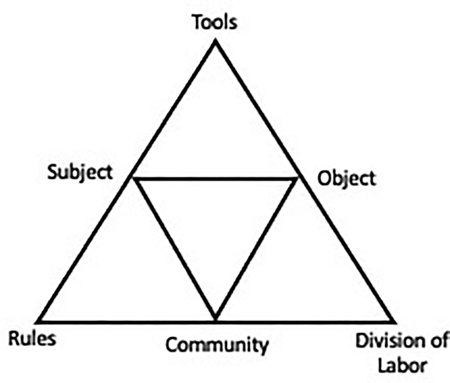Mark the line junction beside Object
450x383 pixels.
point(297,179)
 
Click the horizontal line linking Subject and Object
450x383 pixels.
point(215,179)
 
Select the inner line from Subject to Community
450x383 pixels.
point(174,249)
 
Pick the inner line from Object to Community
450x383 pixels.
point(256,249)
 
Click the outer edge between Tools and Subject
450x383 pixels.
point(174,111)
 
